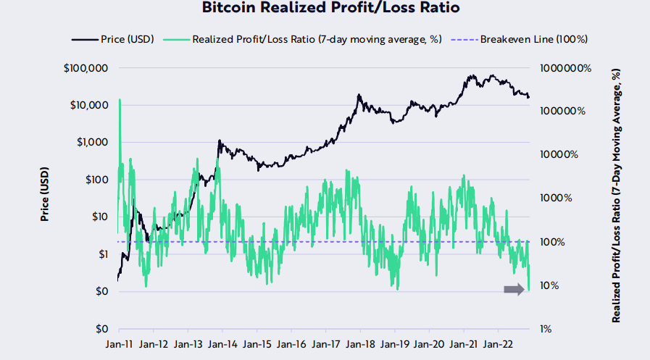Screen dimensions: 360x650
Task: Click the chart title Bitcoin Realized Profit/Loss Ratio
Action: pyautogui.click(x=324, y=9)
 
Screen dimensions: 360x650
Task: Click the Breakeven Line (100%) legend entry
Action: pyautogui.click(x=533, y=39)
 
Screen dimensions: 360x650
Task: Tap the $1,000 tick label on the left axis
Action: pyautogui.click(x=91, y=143)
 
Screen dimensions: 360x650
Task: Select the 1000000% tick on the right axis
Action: pyautogui.click(x=566, y=68)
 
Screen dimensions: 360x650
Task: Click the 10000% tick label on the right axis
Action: pyautogui.click(x=561, y=155)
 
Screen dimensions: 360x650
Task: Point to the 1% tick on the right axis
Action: pyautogui.click(x=551, y=329)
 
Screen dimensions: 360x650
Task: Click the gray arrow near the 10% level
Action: pyautogui.click(x=514, y=290)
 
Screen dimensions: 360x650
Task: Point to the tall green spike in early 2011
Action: pyautogui.click(x=120, y=101)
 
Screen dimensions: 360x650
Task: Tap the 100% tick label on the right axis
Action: pyautogui.click(x=556, y=242)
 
